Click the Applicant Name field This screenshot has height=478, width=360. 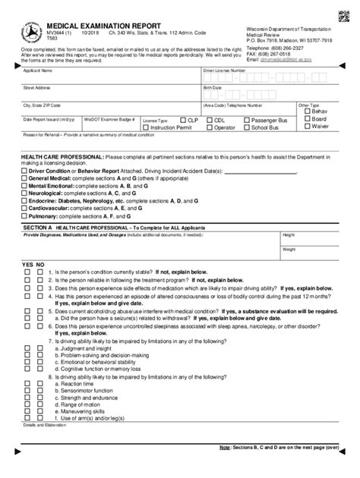106,78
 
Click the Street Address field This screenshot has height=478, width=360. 106,95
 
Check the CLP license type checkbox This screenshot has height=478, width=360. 182,120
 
